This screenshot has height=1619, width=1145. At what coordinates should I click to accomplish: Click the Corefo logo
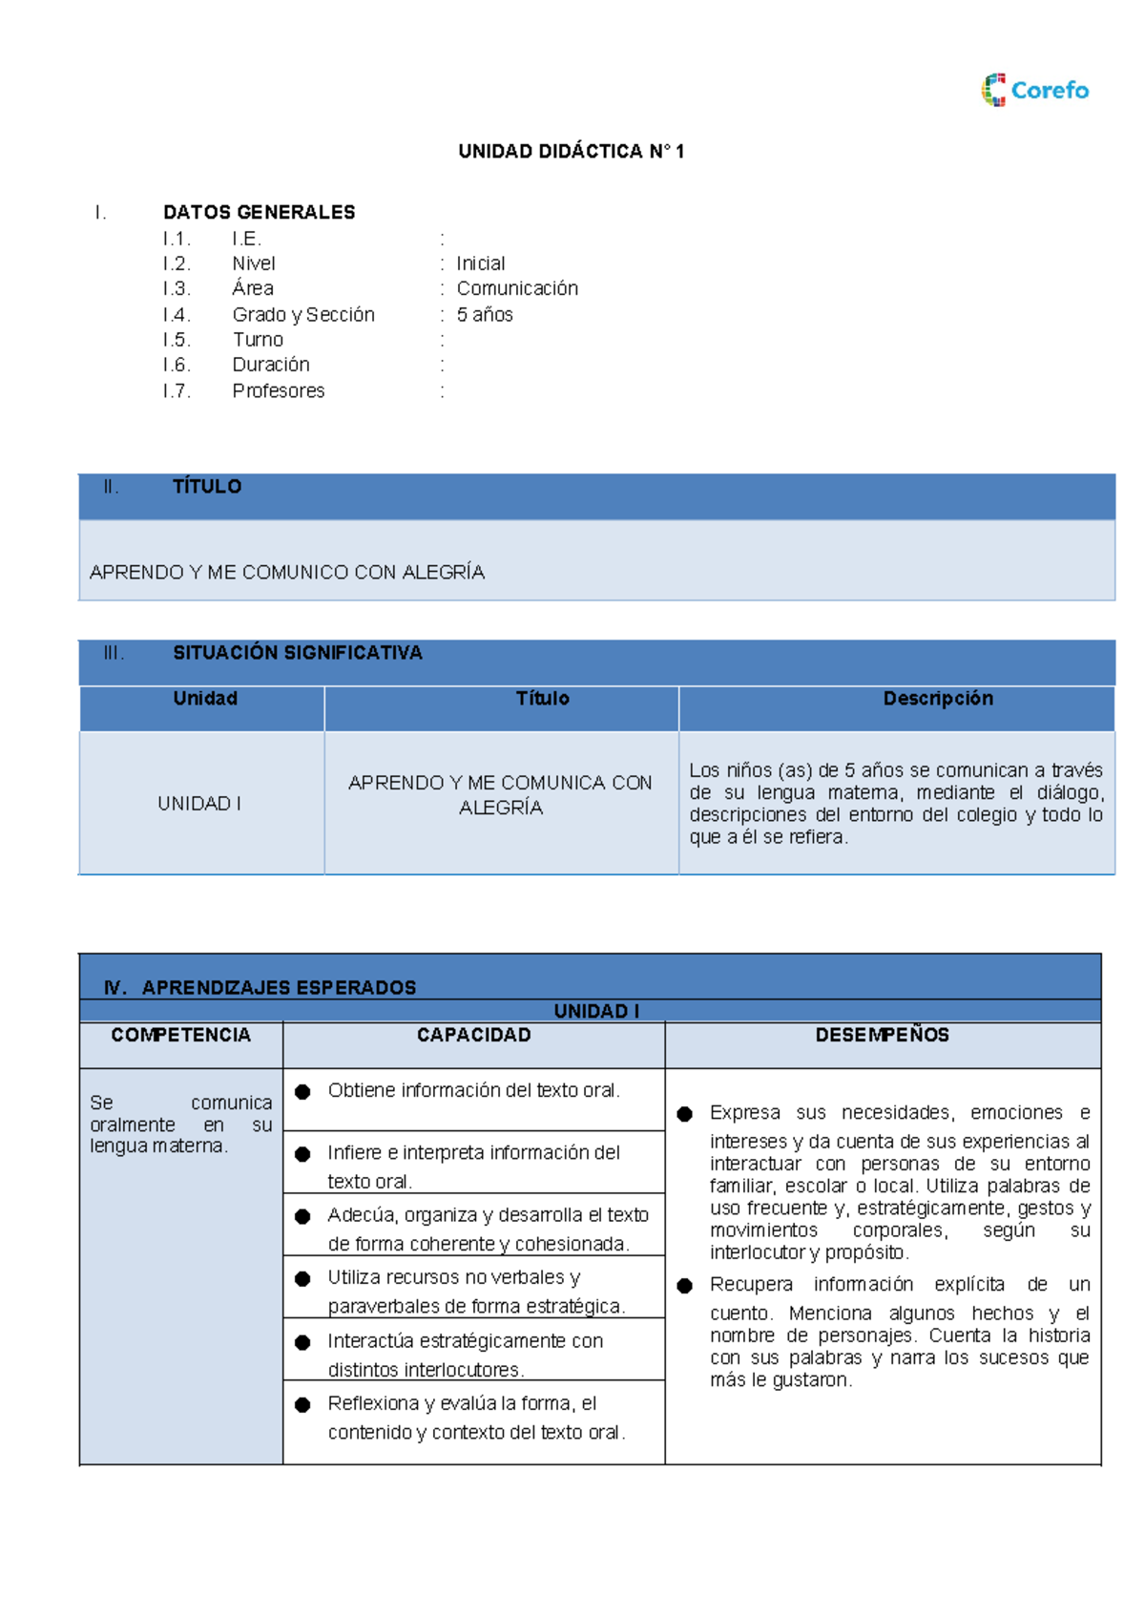pos(1035,90)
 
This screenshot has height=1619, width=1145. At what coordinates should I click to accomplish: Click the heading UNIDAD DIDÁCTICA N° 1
pos(571,151)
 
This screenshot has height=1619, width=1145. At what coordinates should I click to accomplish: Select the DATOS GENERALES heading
pos(259,212)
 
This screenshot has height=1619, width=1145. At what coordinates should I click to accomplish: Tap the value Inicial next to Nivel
pos(480,263)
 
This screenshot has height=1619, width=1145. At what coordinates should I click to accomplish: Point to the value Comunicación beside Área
pos(517,288)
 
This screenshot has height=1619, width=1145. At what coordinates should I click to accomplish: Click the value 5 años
pos(485,314)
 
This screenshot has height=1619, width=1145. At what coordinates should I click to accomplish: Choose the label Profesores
pos(278,390)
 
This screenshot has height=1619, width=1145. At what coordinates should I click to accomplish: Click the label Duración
pos(271,365)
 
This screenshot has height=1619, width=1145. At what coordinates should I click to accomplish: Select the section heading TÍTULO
pos(206,487)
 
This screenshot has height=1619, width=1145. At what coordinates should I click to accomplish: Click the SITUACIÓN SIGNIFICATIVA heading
pos(297,653)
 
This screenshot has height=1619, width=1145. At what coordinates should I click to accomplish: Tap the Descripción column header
pos(938,699)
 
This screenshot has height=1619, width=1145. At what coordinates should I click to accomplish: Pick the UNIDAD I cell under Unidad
pos(199,804)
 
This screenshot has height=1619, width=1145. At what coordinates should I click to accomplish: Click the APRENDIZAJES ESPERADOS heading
pos(279,987)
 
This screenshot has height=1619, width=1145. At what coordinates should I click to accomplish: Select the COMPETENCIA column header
pos(180,1035)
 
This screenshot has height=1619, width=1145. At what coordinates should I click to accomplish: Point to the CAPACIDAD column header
pos(473,1035)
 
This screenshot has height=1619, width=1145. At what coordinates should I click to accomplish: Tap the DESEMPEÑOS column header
pos(882,1035)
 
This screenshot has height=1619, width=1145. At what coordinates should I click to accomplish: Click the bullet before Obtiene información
pos(302,1091)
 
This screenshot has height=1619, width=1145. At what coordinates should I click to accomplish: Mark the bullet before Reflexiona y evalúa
pos(302,1404)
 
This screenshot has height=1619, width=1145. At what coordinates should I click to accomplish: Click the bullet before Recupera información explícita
pos(684,1286)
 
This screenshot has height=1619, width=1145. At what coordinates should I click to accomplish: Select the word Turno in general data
pos(258,340)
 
